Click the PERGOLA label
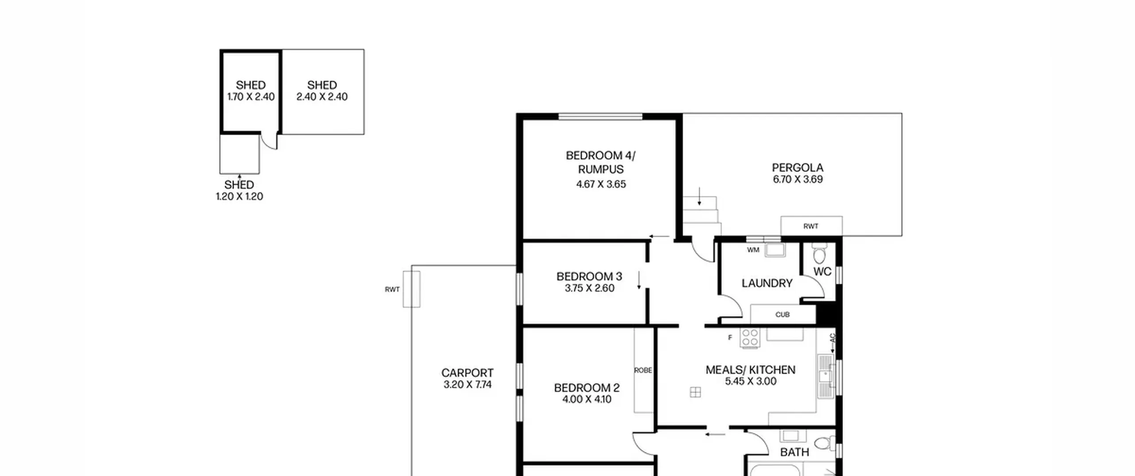798,168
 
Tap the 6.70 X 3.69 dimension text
798,179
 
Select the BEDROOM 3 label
589,276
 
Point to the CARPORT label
467,373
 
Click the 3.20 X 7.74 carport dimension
467,384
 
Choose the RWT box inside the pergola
811,226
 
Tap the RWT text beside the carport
392,290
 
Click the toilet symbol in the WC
820,255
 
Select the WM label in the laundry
753,250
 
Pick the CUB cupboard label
783,314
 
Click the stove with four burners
750,338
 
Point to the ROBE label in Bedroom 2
643,370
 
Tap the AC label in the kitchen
832,338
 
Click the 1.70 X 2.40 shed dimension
251,97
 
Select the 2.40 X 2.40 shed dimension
322,97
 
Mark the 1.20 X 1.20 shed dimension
239,197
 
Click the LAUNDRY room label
767,283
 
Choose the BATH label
794,452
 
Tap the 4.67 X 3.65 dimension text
601,184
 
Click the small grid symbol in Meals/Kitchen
695,392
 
